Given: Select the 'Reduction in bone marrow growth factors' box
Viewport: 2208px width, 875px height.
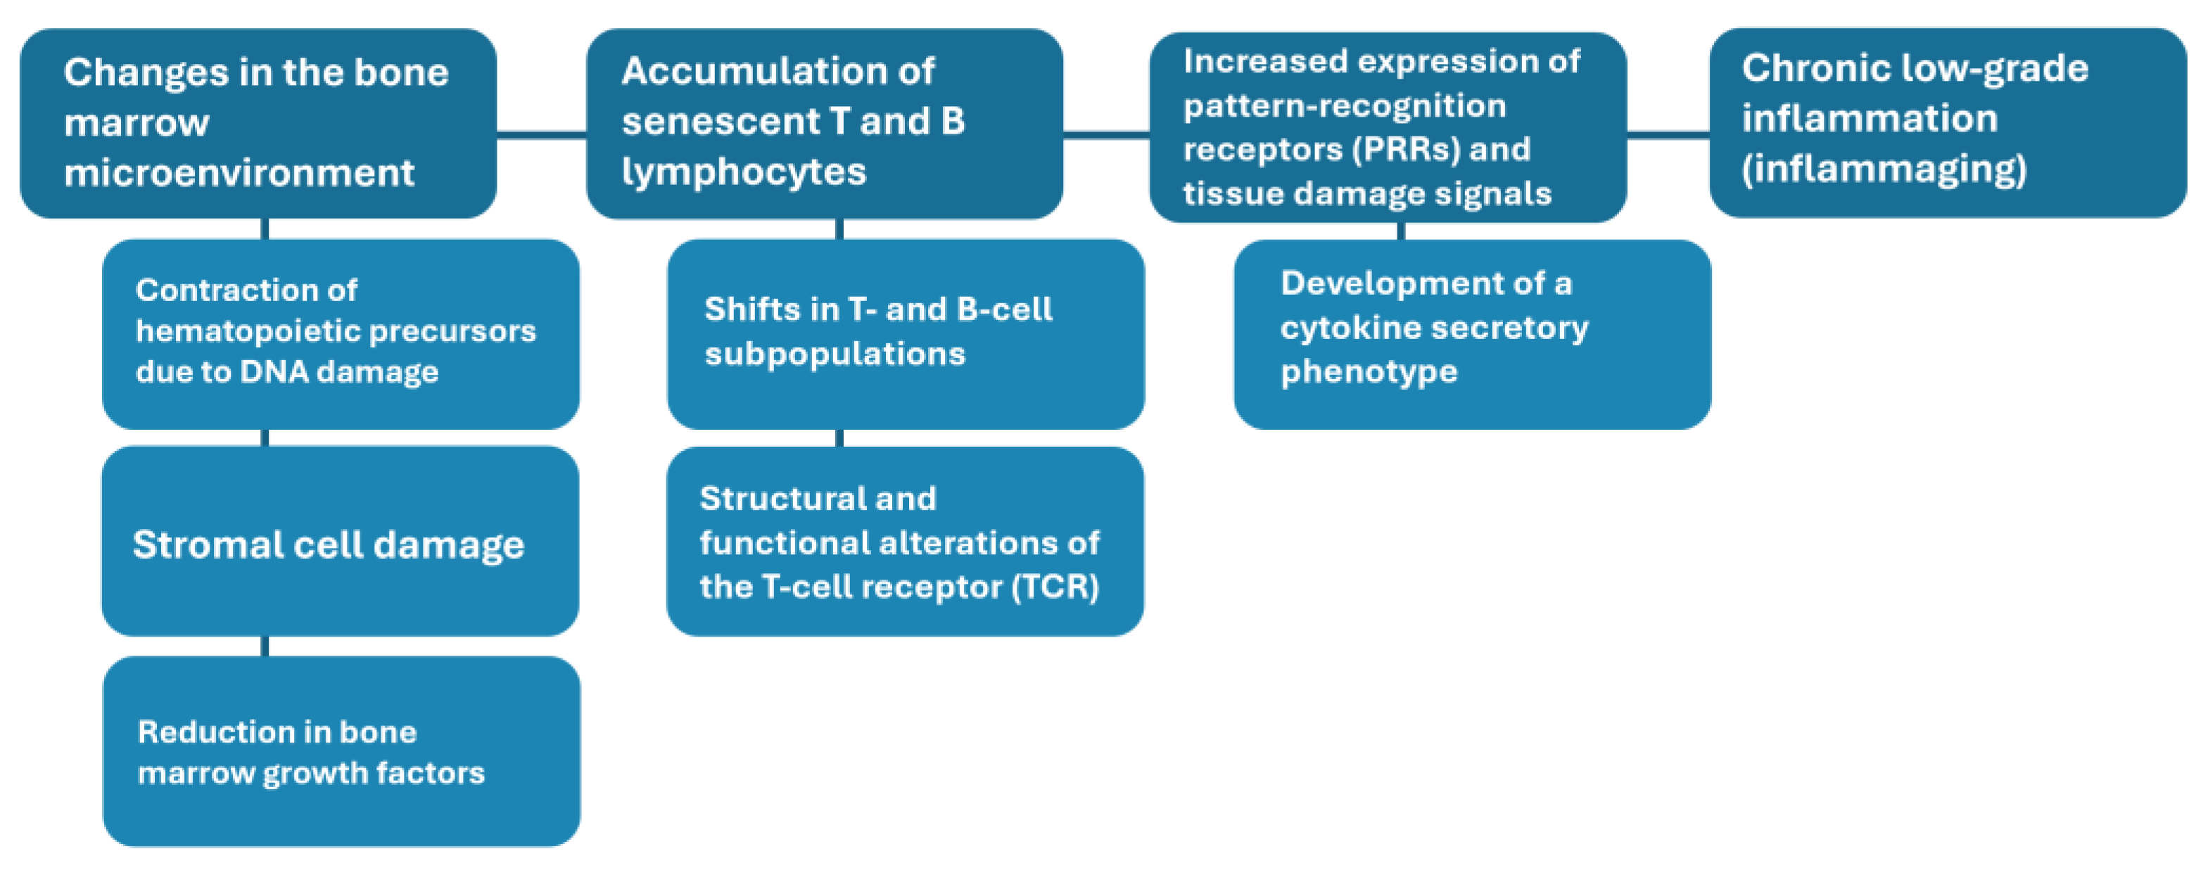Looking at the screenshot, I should click(x=341, y=752).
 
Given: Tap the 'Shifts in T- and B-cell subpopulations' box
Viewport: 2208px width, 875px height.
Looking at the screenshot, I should click(x=905, y=333).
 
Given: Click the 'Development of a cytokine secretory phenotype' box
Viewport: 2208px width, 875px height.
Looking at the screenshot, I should click(x=1472, y=333).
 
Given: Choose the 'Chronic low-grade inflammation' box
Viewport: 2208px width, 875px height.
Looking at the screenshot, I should click(x=1948, y=122).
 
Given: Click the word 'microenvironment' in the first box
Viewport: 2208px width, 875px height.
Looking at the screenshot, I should click(x=239, y=173).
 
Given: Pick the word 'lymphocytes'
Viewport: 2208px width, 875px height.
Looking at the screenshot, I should click(x=743, y=172).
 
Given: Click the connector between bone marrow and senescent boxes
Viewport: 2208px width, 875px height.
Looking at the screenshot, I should click(x=541, y=134).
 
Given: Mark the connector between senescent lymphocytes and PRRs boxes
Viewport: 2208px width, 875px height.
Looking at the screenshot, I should click(x=1105, y=134).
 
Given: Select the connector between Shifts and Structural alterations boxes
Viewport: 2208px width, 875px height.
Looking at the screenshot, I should click(x=839, y=438).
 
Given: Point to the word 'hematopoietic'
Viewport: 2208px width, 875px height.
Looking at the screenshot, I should click(x=248, y=331).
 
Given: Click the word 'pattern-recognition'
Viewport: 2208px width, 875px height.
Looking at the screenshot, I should click(x=1344, y=106).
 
